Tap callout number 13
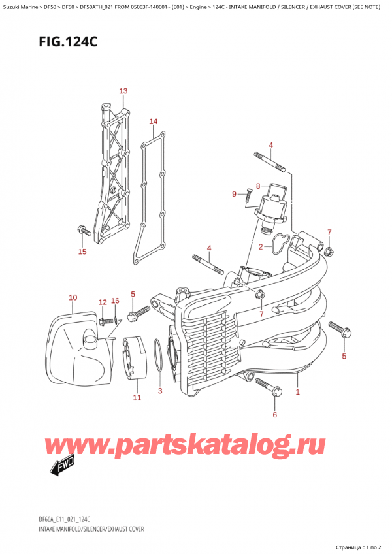click(123, 91)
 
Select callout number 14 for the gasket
click(153, 122)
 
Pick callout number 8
click(258, 186)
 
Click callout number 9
click(234, 193)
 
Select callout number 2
click(260, 247)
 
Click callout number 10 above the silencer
click(73, 298)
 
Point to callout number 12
click(102, 302)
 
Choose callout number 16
click(115, 301)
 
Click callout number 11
click(137, 397)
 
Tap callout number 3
click(159, 391)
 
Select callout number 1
click(298, 392)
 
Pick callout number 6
click(274, 414)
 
